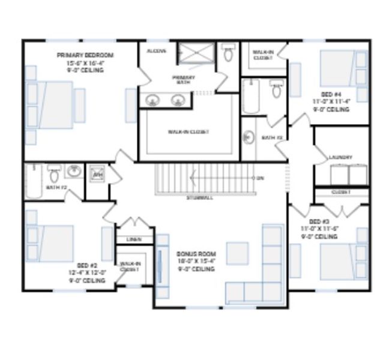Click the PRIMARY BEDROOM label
click(x=85, y=55)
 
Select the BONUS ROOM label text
click(x=196, y=254)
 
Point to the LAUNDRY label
click(x=340, y=158)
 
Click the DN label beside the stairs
click(x=260, y=178)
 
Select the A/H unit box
click(x=97, y=175)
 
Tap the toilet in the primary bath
click(x=228, y=55)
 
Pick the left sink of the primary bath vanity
click(x=152, y=100)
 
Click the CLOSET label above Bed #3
click(x=340, y=192)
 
